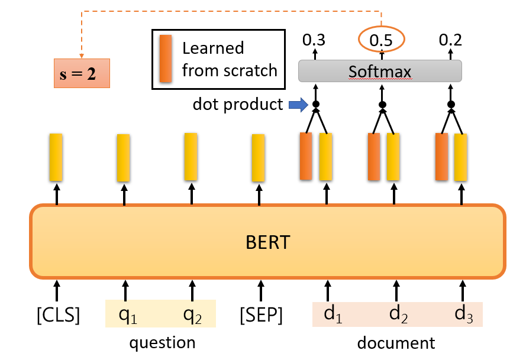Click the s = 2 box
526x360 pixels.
coord(82,73)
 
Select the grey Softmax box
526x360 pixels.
coord(379,72)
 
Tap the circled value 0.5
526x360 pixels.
coord(382,40)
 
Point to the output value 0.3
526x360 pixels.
coord(314,40)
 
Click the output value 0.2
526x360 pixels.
coord(450,40)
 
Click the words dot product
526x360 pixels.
coord(238,105)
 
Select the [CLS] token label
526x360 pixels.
coord(58,315)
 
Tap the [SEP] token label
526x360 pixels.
coord(261,315)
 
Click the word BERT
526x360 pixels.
coord(267,242)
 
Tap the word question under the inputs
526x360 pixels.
coord(162,343)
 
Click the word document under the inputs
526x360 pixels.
coord(396,343)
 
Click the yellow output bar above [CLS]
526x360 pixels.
coord(56,157)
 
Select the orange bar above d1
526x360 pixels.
coord(306,157)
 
